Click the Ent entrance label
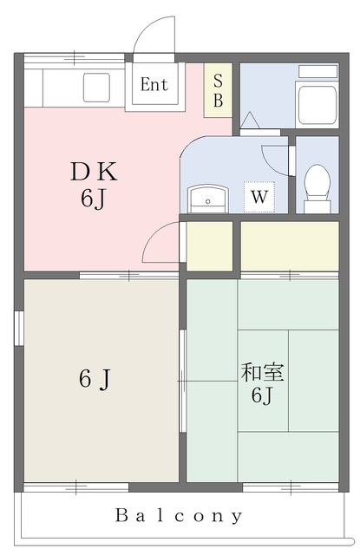(x=154, y=85)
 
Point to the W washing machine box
(x=259, y=197)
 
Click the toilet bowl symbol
(x=317, y=184)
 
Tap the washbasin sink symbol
(x=207, y=199)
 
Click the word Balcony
(x=180, y=515)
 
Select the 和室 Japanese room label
(x=262, y=374)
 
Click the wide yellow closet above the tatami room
(x=289, y=246)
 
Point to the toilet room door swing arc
(x=276, y=156)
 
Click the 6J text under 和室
(x=262, y=397)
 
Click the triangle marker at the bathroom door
(x=248, y=121)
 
